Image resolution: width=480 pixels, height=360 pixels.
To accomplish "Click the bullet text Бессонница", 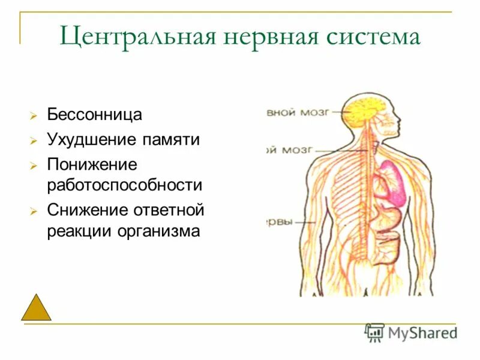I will (x=95, y=114).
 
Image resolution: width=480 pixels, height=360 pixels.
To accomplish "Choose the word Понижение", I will (x=92, y=164).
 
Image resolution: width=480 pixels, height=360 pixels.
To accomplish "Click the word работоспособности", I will (x=125, y=185).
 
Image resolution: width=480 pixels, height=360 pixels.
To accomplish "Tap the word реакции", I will (x=80, y=231).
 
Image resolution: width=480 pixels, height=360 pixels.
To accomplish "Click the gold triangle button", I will (x=36, y=308).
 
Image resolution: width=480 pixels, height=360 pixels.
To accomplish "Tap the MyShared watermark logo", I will (x=411, y=332).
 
